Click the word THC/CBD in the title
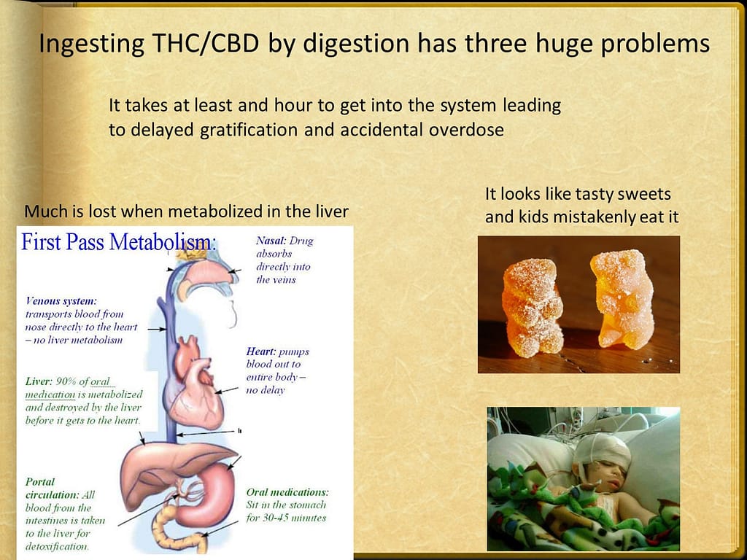(x=205, y=43)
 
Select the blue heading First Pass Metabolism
(x=119, y=242)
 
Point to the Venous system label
(x=61, y=301)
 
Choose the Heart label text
(x=260, y=351)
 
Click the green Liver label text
(x=38, y=381)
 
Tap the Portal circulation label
(x=53, y=488)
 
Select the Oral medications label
(x=287, y=492)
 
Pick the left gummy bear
(x=532, y=308)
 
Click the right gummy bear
(x=622, y=298)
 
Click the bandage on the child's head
(x=603, y=451)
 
